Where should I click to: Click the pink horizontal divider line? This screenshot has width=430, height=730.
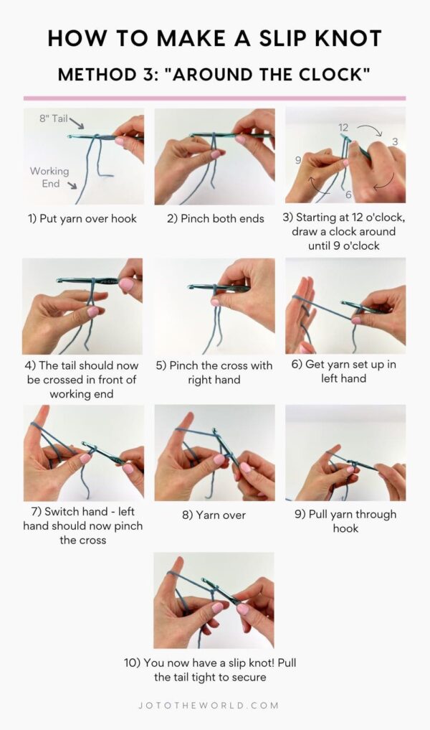coord(214,98)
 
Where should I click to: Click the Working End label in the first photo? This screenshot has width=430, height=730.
coord(49,177)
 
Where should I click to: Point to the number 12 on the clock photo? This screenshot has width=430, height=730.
coord(344,127)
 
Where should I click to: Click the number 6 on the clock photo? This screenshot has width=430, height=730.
coord(348,195)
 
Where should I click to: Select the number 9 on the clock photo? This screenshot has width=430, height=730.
coord(297,161)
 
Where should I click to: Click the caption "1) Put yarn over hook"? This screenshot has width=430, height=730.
coord(82,219)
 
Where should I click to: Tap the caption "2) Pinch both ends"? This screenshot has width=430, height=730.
coord(214,219)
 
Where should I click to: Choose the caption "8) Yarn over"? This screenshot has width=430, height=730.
coord(214,515)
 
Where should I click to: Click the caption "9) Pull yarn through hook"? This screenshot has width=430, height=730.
coord(345,521)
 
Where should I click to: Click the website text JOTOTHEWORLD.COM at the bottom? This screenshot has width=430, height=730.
coord(214,706)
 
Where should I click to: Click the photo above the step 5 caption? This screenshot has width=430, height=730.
coord(214,306)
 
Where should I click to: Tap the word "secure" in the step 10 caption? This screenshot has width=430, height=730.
coord(244,677)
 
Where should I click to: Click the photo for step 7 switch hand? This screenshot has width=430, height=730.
coord(83,453)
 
